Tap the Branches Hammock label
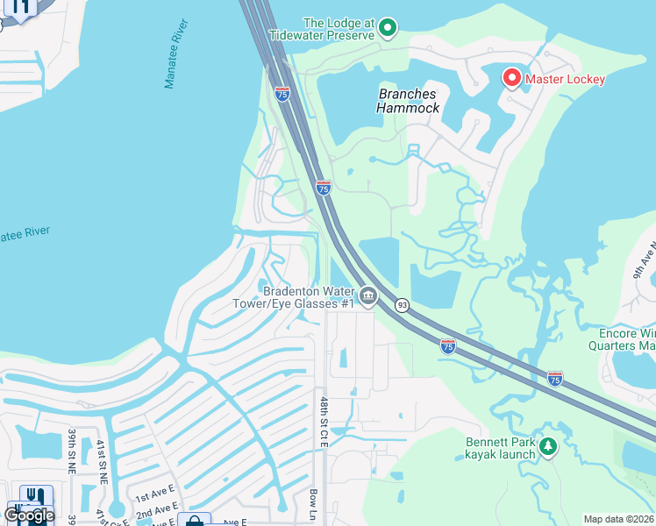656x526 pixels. [408, 101]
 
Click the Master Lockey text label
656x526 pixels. [565, 79]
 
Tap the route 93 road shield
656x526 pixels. [402, 304]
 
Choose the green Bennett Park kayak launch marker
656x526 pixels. [548, 447]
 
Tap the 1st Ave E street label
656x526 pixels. [155, 493]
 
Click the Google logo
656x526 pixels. [29, 515]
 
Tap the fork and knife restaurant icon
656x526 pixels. [34, 496]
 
